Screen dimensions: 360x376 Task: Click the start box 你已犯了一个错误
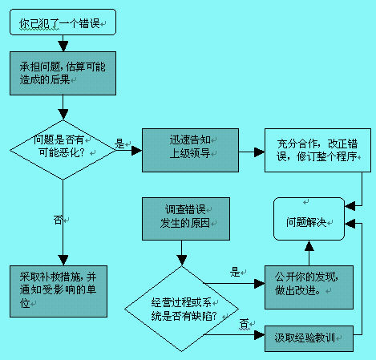pyautogui.click(x=63, y=23)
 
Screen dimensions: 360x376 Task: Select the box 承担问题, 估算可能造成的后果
pyautogui.click(x=63, y=74)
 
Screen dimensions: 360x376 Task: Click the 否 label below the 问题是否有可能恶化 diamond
pyautogui.click(x=58, y=218)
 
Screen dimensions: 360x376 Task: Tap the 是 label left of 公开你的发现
pyautogui.click(x=236, y=272)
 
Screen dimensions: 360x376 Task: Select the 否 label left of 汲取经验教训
pyautogui.click(x=243, y=324)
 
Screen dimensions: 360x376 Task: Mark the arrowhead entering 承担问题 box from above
pyautogui.click(x=63, y=50)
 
